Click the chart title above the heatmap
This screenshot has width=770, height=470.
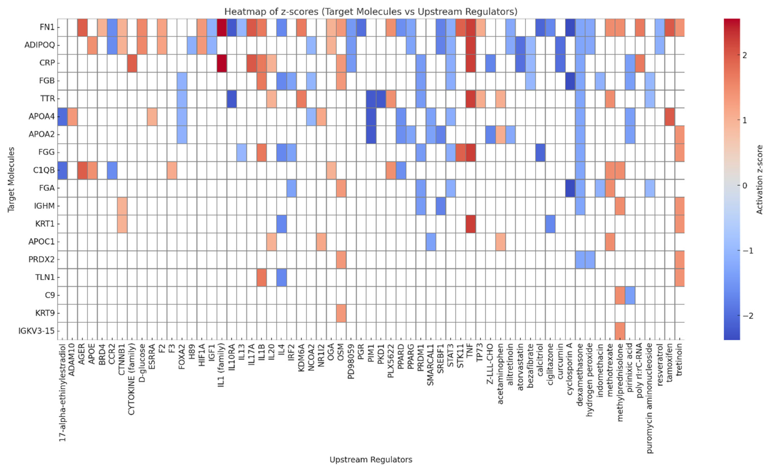coord(371,12)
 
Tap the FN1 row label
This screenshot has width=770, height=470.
coord(47,27)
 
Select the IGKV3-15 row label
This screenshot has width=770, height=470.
coord(36,331)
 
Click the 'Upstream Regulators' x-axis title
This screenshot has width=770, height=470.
coord(371,459)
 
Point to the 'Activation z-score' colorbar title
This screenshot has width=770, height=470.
coord(759,179)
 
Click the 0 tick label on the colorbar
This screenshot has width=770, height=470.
coord(745,186)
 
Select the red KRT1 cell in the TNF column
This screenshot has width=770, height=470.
coord(470,224)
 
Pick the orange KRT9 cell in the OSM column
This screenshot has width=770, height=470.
coord(341,313)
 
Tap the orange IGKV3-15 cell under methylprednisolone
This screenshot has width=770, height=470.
coord(620,331)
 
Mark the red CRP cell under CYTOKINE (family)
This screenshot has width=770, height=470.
coord(132,63)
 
